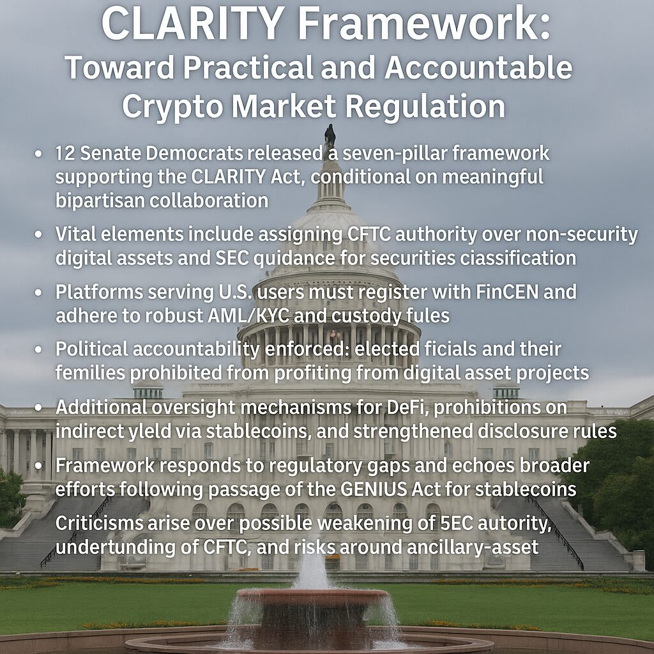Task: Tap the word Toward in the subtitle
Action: click(119, 68)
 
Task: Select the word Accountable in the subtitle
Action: click(478, 68)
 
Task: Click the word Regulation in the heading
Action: click(425, 106)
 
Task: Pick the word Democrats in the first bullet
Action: click(194, 153)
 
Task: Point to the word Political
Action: click(92, 349)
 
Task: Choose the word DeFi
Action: click(407, 407)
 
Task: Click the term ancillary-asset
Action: click(473, 547)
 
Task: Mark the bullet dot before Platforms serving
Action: click(38, 293)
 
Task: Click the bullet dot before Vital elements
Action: click(38, 235)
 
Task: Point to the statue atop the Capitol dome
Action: click(330, 134)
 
